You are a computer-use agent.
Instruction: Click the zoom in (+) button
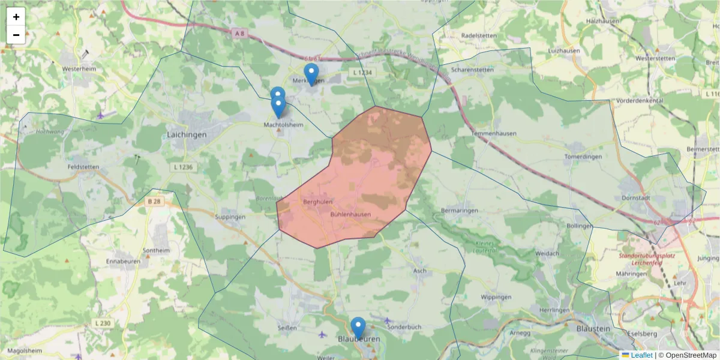pos(16,17)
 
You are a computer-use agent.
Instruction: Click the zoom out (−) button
pos(16,35)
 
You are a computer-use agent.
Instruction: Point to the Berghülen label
pos(318,202)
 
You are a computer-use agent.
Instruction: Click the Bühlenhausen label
pos(350,214)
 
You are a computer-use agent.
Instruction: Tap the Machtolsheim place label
pos(283,125)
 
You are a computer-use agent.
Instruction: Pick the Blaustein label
pos(593,329)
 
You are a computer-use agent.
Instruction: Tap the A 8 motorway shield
pos(239,34)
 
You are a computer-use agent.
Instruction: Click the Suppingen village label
pos(230,217)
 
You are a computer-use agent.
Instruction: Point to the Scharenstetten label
pos(472,70)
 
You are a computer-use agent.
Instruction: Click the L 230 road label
pos(103,323)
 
